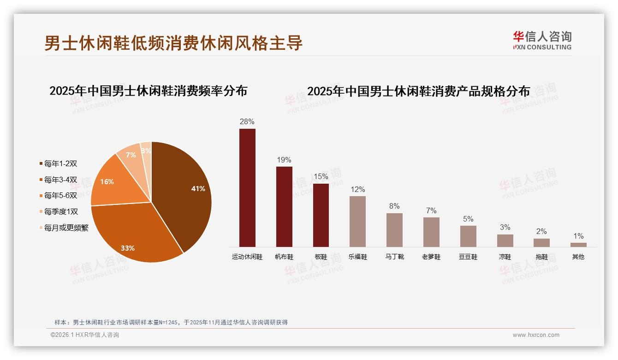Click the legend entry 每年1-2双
coord(60,163)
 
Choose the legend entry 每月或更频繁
coord(66,228)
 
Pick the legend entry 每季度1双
coord(61,212)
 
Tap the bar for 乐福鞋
coord(357,222)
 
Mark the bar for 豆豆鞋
coord(468,236)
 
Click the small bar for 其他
coord(578,245)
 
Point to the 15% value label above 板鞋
coord(321,176)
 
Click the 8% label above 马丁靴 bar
coord(394,206)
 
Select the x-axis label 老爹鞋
coord(431,257)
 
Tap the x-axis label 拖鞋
coord(542,257)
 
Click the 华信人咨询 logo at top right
coord(542,40)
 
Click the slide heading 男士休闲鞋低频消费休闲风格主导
coord(173,43)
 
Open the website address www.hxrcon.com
coord(536,335)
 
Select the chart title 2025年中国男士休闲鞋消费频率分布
coord(148,90)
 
